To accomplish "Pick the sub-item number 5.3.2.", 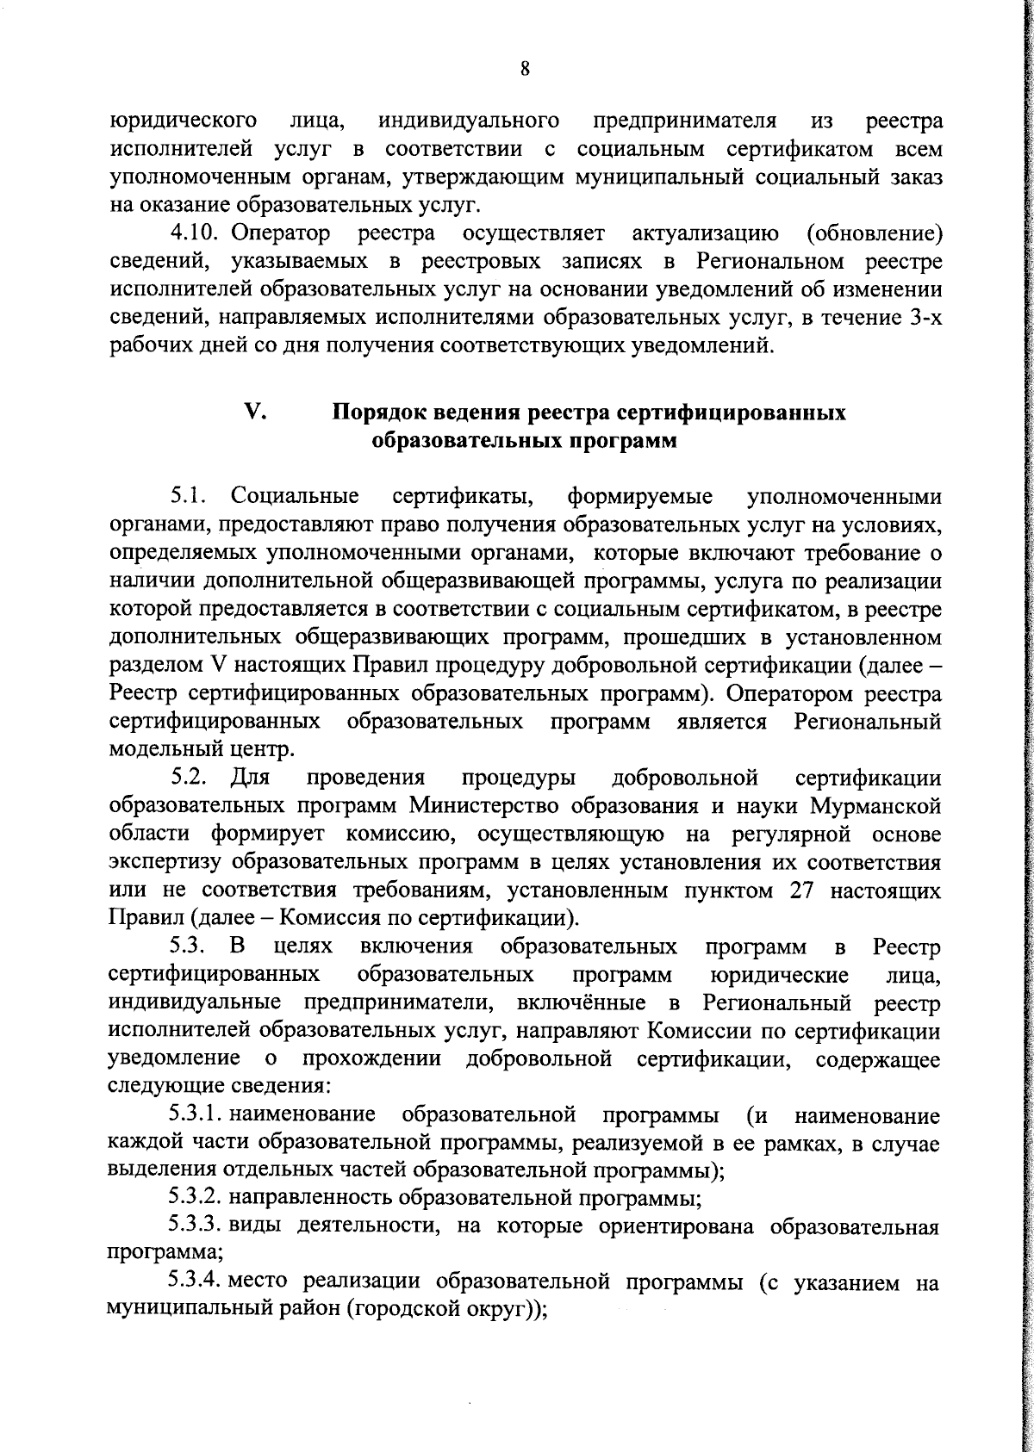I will tap(196, 1197).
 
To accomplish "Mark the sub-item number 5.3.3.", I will tap(196, 1226).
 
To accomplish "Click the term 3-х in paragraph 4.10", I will tap(925, 318).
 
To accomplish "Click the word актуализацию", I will tap(707, 233).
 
